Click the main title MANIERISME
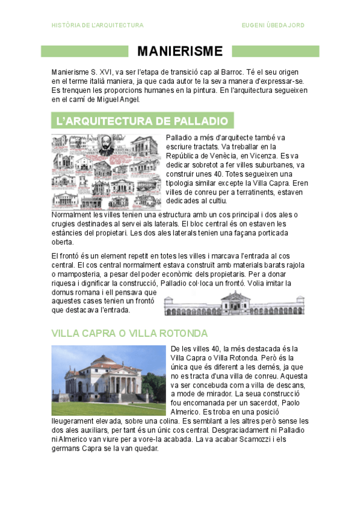pyautogui.click(x=180, y=51)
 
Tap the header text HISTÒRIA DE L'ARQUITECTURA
pyautogui.click(x=97, y=25)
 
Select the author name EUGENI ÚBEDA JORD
pyautogui.click(x=273, y=25)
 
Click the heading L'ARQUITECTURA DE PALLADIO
pyautogui.click(x=142, y=122)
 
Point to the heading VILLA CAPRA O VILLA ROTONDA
pyautogui.click(x=130, y=333)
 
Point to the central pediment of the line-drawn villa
pyautogui.click(x=233, y=296)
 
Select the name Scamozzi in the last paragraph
pyautogui.click(x=248, y=439)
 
